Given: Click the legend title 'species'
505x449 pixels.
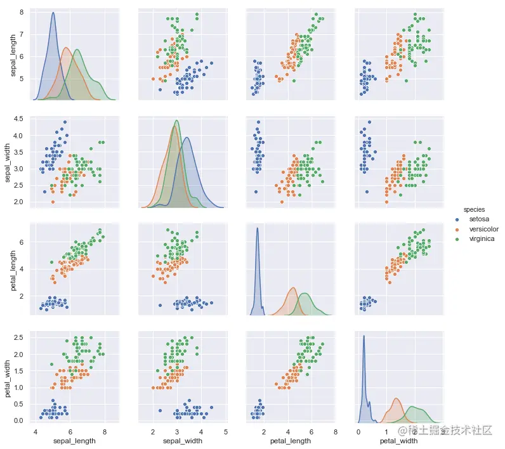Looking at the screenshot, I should (475, 209).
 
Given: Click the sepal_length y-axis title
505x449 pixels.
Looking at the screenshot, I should (13, 56).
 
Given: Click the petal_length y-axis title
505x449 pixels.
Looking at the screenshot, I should (13, 269).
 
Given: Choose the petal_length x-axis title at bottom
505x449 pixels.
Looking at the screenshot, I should (291, 440).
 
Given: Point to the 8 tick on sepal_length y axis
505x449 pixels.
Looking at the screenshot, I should (22, 12).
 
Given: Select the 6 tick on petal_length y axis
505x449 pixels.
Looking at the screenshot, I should (22, 242).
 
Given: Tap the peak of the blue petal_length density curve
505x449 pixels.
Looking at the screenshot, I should (257, 228).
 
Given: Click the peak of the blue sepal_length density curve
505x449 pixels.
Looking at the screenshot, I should (53, 13).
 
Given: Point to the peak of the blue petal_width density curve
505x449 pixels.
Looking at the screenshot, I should (364, 336).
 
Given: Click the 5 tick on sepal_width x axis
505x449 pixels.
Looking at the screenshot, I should (226, 430).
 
